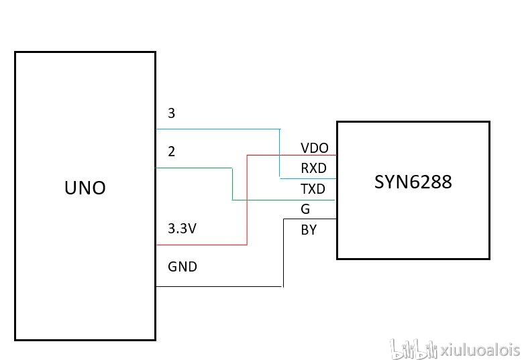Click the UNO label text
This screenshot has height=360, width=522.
[85, 188]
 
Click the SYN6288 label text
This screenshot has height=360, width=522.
[413, 182]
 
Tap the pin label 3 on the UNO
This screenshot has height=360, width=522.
[172, 113]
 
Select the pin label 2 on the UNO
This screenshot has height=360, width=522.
[172, 152]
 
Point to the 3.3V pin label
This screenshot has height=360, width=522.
[182, 229]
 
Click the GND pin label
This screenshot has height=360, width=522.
[182, 267]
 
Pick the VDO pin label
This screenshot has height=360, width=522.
[315, 148]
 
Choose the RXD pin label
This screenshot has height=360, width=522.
[313, 169]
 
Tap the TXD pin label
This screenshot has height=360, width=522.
[313, 189]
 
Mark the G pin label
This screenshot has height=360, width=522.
[306, 209]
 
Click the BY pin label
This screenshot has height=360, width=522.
[309, 230]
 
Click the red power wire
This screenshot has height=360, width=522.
[248, 201]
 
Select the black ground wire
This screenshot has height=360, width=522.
[221, 287]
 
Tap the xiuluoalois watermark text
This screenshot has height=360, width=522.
[480, 349]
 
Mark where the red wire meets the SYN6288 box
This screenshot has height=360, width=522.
[336, 156]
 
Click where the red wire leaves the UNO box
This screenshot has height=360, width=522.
[156, 245]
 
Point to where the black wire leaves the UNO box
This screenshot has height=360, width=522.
[156, 287]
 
